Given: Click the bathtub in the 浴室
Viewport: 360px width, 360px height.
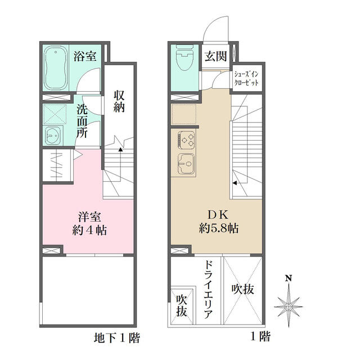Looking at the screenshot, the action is click(56, 68).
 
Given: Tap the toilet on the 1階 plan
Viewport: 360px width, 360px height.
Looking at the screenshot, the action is click(185, 57).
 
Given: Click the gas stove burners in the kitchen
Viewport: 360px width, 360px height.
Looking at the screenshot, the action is click(187, 139).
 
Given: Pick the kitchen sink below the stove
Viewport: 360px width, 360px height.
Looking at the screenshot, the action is click(187, 164).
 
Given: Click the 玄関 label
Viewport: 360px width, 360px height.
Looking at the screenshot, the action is click(215, 56).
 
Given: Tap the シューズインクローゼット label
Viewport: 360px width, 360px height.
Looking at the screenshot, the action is click(246, 78).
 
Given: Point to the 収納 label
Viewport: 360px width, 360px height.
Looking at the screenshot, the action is click(119, 101).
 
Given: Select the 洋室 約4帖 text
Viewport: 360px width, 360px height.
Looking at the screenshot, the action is click(89, 224).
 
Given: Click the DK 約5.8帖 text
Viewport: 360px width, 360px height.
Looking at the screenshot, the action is click(218, 222).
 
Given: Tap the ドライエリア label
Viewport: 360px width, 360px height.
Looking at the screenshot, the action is click(208, 290).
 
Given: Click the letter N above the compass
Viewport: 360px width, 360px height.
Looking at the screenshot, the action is click(289, 278).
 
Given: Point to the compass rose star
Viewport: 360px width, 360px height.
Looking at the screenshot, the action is click(289, 306).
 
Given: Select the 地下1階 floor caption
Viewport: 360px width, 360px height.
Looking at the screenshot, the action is click(116, 337).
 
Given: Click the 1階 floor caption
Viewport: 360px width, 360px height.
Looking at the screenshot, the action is click(260, 336).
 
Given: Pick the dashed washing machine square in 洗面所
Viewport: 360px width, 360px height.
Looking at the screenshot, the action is click(55, 114).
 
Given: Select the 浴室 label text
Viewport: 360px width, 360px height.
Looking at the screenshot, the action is click(85, 56).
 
